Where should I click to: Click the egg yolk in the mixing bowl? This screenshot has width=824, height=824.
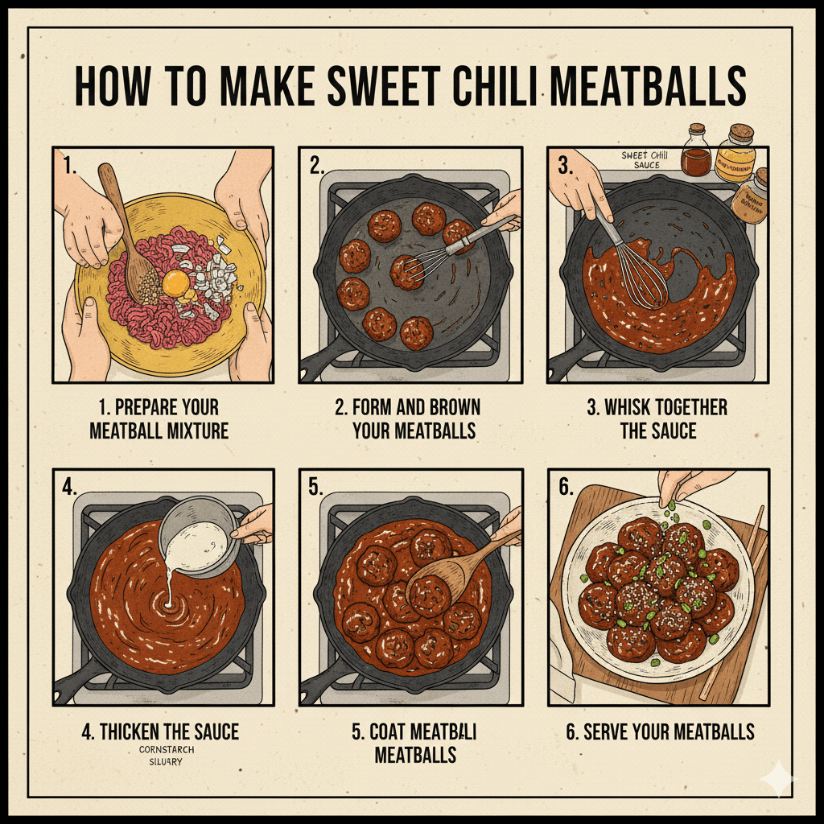tap(176, 282)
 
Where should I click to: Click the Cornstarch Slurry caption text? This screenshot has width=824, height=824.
tap(166, 756)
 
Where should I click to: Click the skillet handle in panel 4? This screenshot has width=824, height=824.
tap(77, 683)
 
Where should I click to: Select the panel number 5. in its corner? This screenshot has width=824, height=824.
tap(315, 486)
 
